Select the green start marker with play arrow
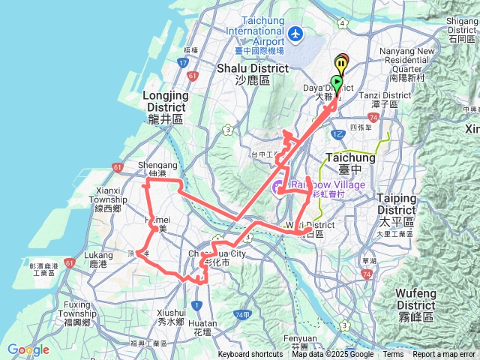337,82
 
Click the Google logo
28,349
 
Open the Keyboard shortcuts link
250,355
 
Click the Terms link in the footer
393,355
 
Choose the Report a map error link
445,355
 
